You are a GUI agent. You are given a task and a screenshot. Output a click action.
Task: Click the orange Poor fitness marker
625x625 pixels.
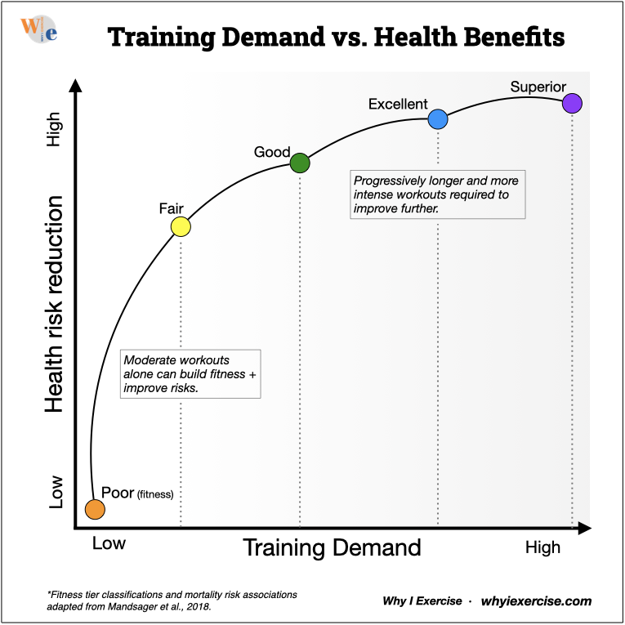pyautogui.click(x=95, y=509)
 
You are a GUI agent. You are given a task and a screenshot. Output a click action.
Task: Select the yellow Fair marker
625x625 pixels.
pyautogui.click(x=181, y=226)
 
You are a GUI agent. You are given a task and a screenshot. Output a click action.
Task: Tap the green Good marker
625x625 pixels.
pyautogui.click(x=300, y=163)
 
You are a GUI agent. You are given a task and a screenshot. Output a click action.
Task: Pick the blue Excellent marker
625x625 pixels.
pyautogui.click(x=438, y=119)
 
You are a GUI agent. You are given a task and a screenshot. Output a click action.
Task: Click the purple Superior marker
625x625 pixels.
pyautogui.click(x=572, y=103)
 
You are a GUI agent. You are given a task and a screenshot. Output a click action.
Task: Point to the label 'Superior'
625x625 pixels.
pyautogui.click(x=538, y=87)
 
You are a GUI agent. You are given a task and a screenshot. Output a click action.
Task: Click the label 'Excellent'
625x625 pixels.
pyautogui.click(x=398, y=105)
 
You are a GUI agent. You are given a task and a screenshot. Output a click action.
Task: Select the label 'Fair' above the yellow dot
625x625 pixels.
pyautogui.click(x=171, y=208)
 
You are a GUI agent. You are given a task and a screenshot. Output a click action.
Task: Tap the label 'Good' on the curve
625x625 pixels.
pyautogui.click(x=272, y=152)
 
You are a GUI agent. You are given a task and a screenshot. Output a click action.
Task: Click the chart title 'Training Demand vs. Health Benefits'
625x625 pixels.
pyautogui.click(x=336, y=38)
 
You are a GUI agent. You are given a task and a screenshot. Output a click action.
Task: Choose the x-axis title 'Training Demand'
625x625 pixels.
pyautogui.click(x=332, y=547)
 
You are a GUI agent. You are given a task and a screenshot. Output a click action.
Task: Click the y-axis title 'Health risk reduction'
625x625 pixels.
pyautogui.click(x=54, y=303)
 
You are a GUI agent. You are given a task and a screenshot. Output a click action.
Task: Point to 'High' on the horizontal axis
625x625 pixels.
pyautogui.click(x=542, y=547)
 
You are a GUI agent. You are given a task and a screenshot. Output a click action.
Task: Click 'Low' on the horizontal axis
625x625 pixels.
pyautogui.click(x=109, y=543)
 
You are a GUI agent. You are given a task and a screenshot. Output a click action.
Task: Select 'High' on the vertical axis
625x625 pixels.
pyautogui.click(x=54, y=133)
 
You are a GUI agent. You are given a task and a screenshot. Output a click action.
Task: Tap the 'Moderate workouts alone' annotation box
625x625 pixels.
pyautogui.click(x=190, y=374)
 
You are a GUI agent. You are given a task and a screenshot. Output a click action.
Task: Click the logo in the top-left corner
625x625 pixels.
pyautogui.click(x=38, y=30)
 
